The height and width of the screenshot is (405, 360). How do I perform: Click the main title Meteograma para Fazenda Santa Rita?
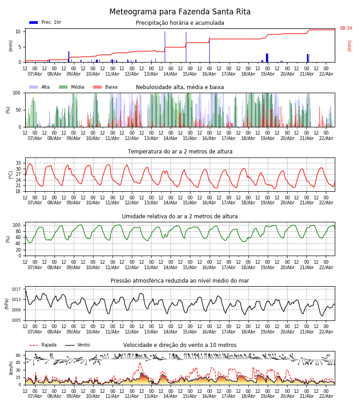pos(180,12)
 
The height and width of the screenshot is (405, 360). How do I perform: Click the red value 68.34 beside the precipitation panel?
pos(346,28)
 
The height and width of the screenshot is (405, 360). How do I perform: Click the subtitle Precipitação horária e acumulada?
pos(180,23)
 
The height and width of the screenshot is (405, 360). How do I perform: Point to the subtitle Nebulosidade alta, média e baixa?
pos(180,87)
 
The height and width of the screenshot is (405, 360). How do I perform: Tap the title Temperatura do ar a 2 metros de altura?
pos(180,152)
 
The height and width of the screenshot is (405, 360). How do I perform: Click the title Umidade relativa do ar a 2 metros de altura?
pos(180,216)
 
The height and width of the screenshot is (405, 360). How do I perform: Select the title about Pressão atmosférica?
pos(180,281)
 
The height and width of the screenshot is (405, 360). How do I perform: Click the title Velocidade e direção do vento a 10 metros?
pos(180,345)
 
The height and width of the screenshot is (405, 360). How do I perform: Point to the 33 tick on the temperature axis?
pos(18,163)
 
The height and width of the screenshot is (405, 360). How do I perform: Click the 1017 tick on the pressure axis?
pos(16,289)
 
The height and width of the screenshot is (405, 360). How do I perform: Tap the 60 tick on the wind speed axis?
pos(18,355)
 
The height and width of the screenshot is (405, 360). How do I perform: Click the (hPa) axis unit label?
pos(7,303)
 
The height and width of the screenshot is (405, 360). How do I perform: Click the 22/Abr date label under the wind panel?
pos(326,396)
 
